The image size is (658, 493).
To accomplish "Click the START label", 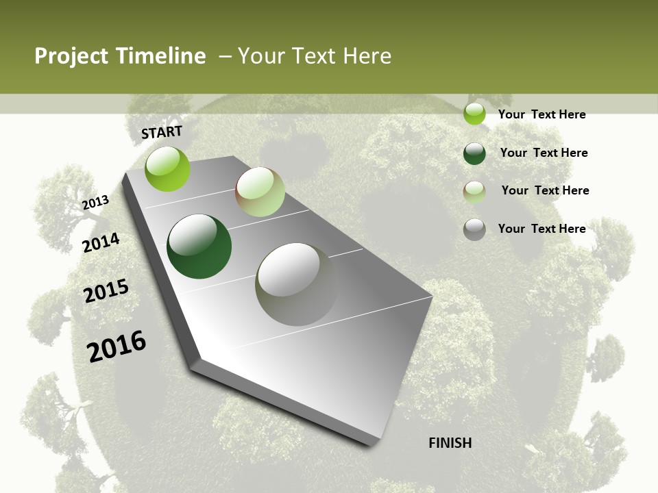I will tap(162, 132).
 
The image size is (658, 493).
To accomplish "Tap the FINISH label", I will tap(450, 443).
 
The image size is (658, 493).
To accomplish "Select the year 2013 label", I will tap(95, 202).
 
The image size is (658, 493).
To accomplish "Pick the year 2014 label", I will tap(101, 242).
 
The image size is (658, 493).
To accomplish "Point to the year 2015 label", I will tap(106, 291).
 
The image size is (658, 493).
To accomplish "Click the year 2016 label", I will tap(117, 346).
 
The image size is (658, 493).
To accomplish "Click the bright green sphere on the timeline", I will tap(167, 169).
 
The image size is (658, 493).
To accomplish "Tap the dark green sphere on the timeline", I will tap(199, 246).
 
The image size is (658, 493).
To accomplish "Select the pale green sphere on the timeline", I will tap(260, 192).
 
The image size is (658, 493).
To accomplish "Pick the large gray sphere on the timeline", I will tap(297, 284).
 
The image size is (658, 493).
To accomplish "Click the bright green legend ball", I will tap(474, 114).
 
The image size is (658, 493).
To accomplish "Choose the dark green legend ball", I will tap(474, 153).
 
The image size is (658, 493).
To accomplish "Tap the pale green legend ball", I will tap(474, 192).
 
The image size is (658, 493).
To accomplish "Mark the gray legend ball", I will tap(474, 229).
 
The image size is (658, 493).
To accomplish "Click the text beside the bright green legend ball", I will tap(541, 114).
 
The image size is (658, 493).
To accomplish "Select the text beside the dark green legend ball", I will tap(544, 153).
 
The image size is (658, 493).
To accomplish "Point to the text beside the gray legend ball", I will tap(541, 229).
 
